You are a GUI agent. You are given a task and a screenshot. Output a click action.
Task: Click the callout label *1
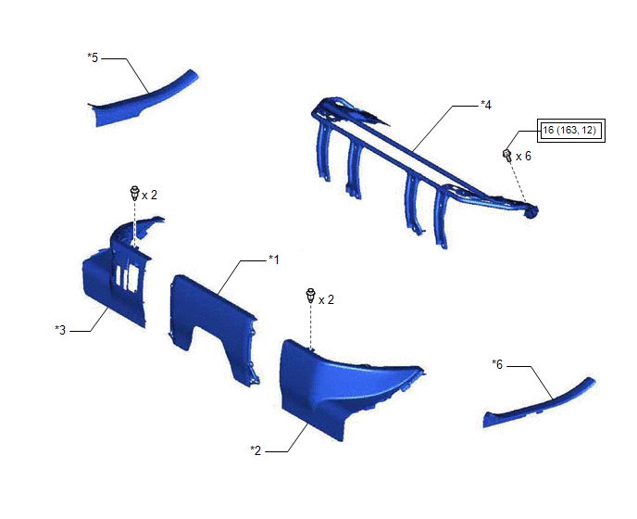(274, 259)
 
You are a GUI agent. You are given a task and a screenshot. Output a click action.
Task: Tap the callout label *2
(256, 450)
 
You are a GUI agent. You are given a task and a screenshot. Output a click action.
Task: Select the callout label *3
(60, 330)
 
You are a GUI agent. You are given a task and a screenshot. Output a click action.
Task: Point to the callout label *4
(486, 105)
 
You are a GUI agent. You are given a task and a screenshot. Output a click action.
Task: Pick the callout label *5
(93, 57)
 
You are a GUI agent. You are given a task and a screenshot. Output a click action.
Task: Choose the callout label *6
(497, 364)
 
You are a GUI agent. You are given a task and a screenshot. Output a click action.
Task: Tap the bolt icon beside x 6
(507, 155)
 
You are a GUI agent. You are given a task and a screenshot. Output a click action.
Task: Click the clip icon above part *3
(134, 193)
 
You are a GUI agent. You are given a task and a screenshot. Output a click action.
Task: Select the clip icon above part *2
(311, 296)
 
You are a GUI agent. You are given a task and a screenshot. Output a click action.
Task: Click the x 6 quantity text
(523, 157)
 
